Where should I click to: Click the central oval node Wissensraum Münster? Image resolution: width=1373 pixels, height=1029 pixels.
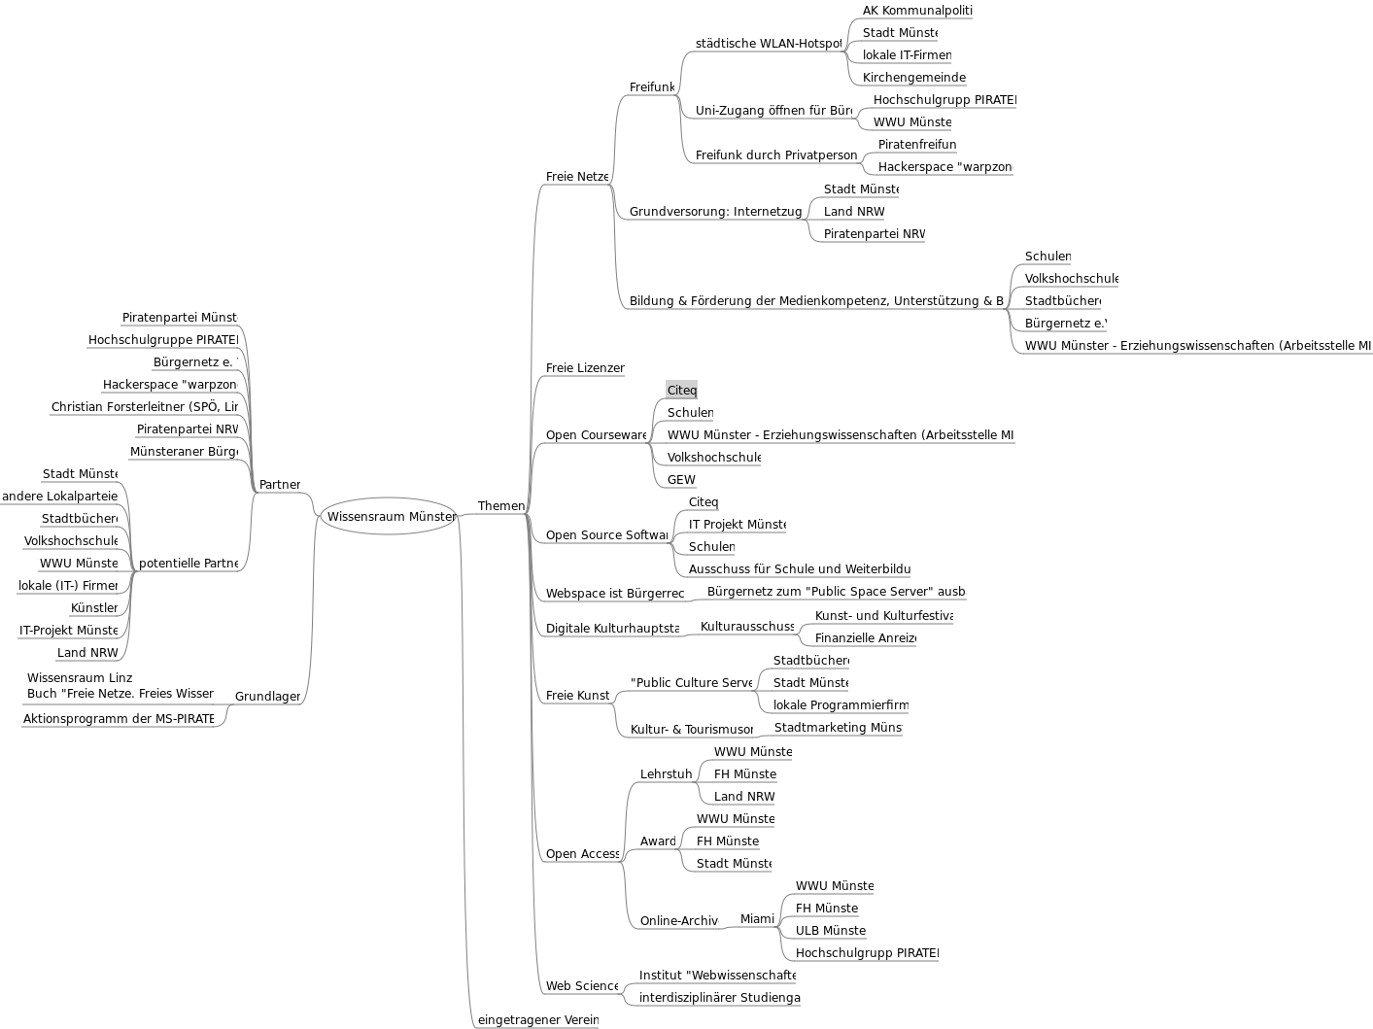click(389, 516)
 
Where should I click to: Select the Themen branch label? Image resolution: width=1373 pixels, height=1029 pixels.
click(500, 505)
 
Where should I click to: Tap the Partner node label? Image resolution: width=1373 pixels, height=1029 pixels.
click(280, 484)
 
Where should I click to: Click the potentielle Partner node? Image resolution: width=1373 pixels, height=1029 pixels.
click(188, 563)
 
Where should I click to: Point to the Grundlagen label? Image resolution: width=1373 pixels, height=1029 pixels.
click(267, 696)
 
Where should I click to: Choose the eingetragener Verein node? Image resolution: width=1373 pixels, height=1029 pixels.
click(537, 1019)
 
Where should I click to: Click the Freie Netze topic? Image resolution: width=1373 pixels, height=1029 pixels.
click(577, 176)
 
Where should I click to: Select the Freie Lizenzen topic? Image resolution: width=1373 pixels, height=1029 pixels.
click(584, 367)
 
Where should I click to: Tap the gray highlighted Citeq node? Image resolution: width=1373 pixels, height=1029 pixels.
click(681, 390)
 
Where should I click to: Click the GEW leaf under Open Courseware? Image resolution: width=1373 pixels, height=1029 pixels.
click(681, 479)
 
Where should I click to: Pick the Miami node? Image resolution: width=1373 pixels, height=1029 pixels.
click(757, 918)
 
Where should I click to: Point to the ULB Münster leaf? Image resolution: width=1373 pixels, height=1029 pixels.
click(830, 930)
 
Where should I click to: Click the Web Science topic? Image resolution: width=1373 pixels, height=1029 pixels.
click(581, 985)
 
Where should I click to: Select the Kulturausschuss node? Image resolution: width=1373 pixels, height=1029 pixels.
click(746, 626)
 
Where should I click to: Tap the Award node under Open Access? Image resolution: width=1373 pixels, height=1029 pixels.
click(658, 840)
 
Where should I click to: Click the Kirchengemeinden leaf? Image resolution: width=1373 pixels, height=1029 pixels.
click(913, 77)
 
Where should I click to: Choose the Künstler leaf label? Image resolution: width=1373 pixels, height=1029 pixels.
click(94, 607)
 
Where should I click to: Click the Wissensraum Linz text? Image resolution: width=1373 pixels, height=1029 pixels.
click(80, 677)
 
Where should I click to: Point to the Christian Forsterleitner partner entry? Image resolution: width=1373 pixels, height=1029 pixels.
click(145, 406)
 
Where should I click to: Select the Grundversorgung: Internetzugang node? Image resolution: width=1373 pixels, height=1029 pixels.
click(715, 211)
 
